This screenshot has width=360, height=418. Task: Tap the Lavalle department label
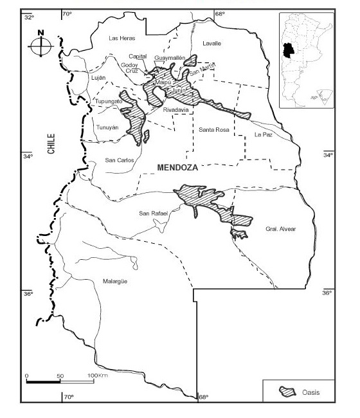pos(212,43)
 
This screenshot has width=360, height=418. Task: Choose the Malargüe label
pos(116,281)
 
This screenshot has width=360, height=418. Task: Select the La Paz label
pos(263,135)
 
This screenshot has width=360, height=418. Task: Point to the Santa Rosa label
pos(213,130)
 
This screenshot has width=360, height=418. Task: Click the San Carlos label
pos(118,160)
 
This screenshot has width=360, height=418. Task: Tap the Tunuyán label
pos(107,127)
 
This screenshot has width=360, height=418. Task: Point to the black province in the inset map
pos(285,51)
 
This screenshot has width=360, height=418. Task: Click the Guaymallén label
pos(170,58)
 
